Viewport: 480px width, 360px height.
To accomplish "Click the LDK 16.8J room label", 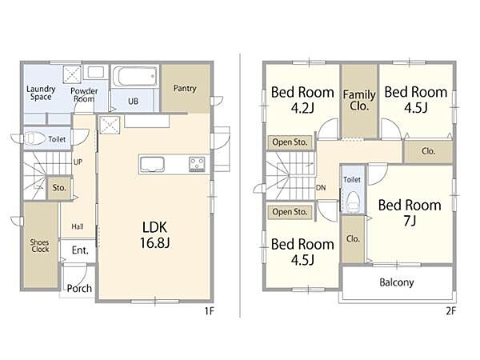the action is click(155, 235).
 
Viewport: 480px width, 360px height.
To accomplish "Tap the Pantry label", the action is click(185, 89).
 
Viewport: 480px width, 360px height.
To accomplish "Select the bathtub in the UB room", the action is click(135, 76).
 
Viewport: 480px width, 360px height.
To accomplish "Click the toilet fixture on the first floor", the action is click(34, 138).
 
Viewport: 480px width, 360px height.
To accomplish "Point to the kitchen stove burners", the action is click(197, 164).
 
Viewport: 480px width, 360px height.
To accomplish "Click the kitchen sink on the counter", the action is click(152, 164).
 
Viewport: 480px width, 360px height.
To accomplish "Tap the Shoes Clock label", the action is click(40, 246).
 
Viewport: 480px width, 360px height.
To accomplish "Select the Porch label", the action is click(79, 288).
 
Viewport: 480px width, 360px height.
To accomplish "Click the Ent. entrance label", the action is click(80, 250).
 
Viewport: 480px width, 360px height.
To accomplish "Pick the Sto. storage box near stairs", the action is click(59, 188).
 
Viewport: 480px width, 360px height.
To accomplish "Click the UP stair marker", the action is click(78, 162).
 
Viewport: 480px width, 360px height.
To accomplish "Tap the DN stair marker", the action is click(321, 188).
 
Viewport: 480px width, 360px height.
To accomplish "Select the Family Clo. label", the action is click(359, 100).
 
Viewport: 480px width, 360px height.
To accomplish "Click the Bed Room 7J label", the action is click(410, 213).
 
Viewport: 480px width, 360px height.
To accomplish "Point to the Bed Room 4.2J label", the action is click(302, 100).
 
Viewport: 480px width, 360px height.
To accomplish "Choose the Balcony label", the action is click(397, 282).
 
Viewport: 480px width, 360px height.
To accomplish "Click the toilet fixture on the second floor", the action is click(354, 201).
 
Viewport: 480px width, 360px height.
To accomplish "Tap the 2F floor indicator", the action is click(450, 311).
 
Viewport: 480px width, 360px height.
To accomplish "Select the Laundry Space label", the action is click(41, 93).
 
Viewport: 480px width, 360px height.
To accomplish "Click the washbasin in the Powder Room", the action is click(95, 72).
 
